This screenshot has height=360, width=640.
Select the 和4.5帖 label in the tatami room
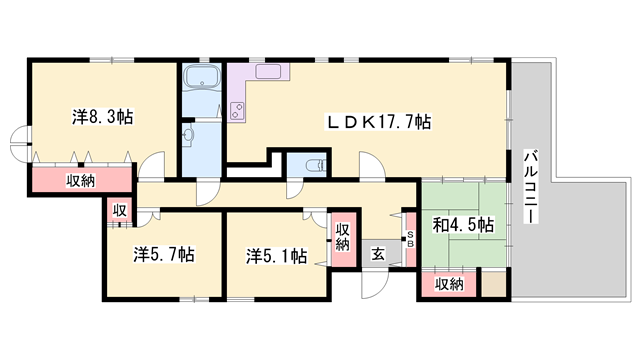pos(461,226)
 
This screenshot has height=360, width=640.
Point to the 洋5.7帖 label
pos(164,254)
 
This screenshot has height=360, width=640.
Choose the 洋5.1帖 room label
pos(276,254)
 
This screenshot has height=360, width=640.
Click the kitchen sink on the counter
pos(271,72)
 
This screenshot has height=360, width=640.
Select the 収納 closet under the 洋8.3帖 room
pos(82,181)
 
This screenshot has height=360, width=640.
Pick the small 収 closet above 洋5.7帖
pos(118,211)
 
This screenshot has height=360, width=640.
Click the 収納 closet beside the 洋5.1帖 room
pos(342,239)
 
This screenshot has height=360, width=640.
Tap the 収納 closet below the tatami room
pos(449,284)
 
